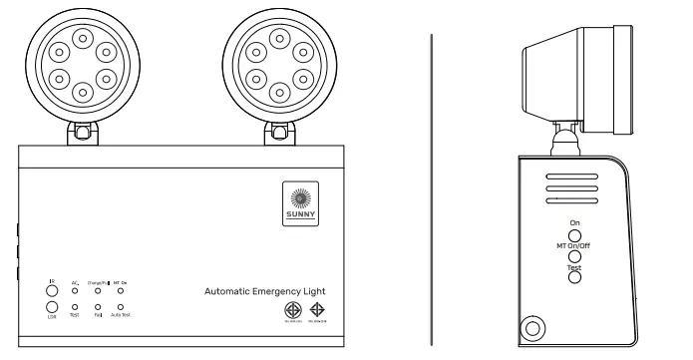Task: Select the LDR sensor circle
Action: (x=52, y=306)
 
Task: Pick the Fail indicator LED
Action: (x=98, y=306)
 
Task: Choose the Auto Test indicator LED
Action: (x=121, y=306)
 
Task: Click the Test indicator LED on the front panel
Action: (x=75, y=306)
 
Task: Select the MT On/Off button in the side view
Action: (x=574, y=253)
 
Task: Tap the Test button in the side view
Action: (x=574, y=276)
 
